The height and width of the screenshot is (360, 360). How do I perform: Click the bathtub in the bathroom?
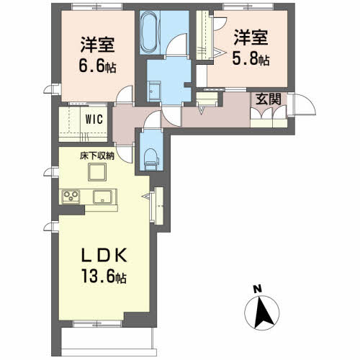pyautogui.click(x=150, y=32)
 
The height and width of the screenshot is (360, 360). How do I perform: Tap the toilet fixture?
pyautogui.click(x=151, y=157)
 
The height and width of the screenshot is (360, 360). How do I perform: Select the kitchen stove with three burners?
pyautogui.click(x=71, y=196)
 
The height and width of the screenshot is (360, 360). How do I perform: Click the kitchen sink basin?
pyautogui.click(x=102, y=197)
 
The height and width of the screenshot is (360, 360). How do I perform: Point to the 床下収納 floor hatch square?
pyautogui.click(x=97, y=172)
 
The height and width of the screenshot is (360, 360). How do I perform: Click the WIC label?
pyautogui.click(x=94, y=119)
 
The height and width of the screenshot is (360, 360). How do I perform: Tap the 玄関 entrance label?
pyautogui.click(x=268, y=99)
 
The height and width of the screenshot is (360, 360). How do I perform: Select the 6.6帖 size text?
pyautogui.click(x=97, y=66)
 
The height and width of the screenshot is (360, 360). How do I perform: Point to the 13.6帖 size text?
pyautogui.click(x=104, y=276)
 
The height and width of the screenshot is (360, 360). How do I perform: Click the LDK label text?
pyautogui.click(x=104, y=255)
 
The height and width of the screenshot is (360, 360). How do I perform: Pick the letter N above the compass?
pyautogui.click(x=258, y=289)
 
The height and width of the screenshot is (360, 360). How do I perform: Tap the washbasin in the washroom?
pyautogui.click(x=153, y=91)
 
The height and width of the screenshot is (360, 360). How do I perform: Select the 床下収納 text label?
pyautogui.click(x=97, y=156)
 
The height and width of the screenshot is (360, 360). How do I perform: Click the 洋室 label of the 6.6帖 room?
pyautogui.click(x=97, y=45)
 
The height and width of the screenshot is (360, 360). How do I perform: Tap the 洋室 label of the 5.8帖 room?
pyautogui.click(x=251, y=37)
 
